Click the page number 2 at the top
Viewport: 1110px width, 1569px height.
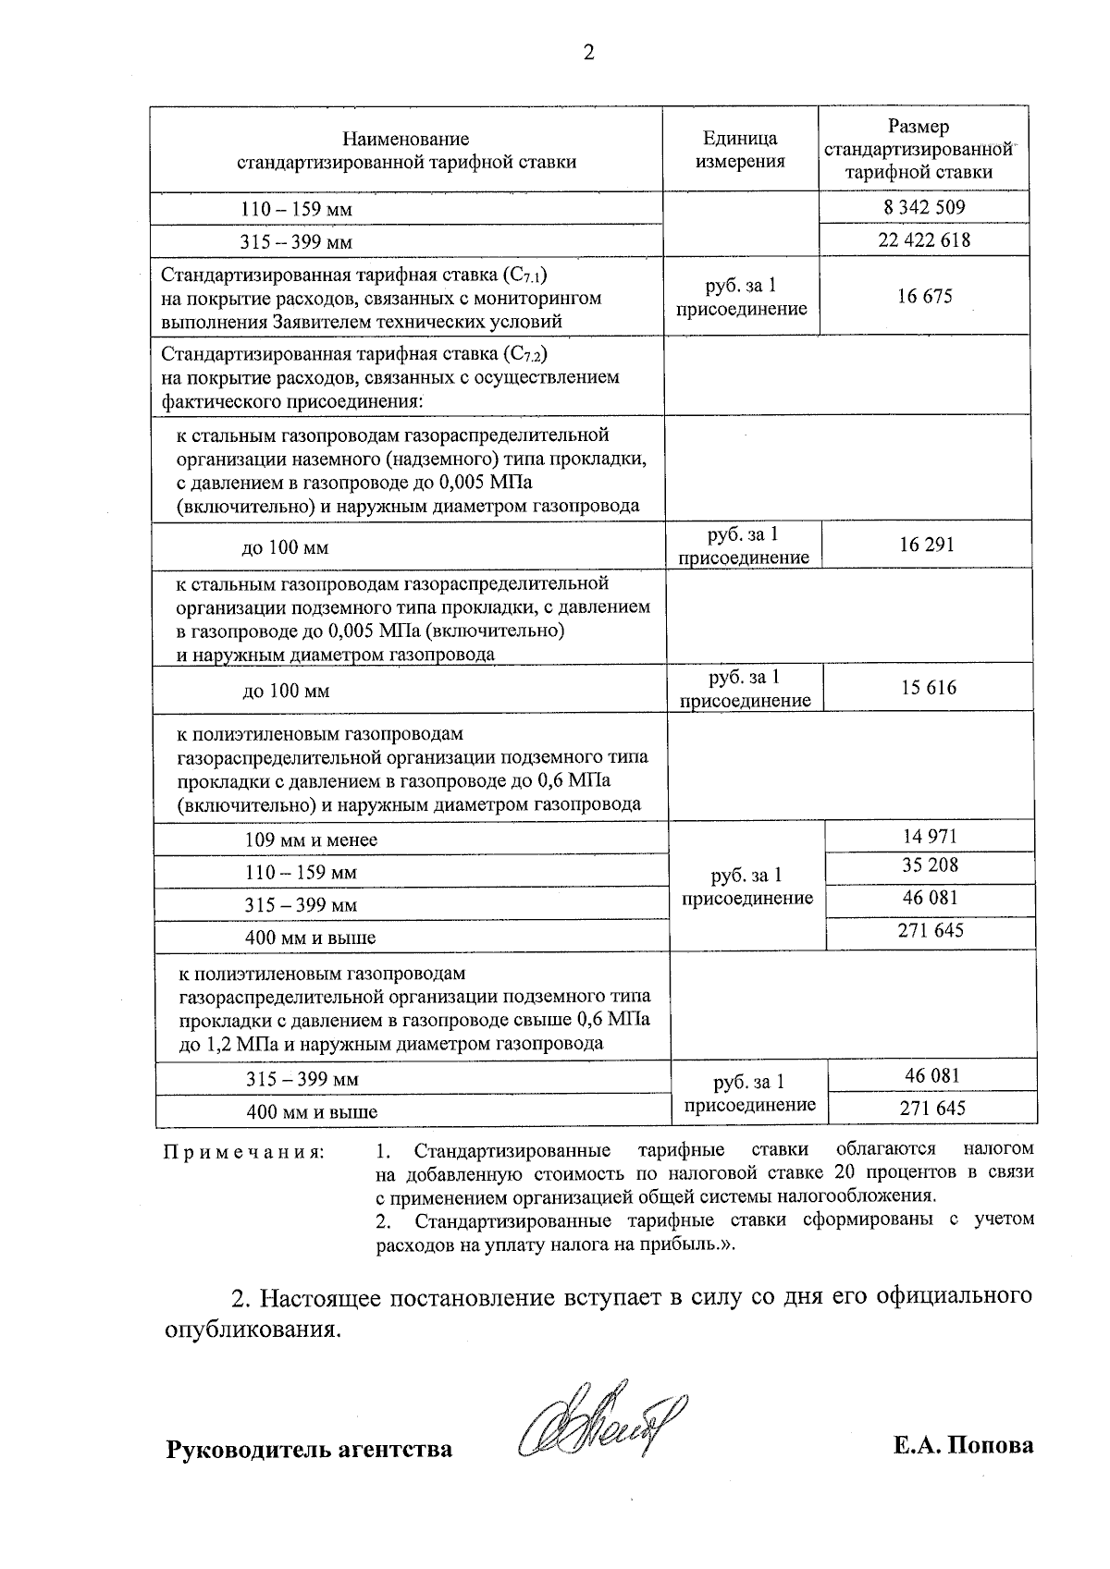pyautogui.click(x=587, y=53)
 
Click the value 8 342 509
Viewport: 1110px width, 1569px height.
pyautogui.click(x=924, y=207)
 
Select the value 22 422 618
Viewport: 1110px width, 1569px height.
pyautogui.click(x=924, y=240)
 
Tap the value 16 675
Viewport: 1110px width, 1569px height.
pyautogui.click(x=924, y=297)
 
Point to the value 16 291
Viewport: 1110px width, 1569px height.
pyautogui.click(x=926, y=545)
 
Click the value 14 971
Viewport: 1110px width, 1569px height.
pyautogui.click(x=930, y=837)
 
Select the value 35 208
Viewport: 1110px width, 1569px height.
pyautogui.click(x=930, y=866)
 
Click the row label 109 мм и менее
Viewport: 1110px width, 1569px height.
pyautogui.click(x=312, y=840)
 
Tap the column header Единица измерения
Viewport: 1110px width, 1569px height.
pyautogui.click(x=740, y=150)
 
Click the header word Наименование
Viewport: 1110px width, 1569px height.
pyautogui.click(x=406, y=139)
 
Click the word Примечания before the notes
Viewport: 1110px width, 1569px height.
pyautogui.click(x=243, y=1152)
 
